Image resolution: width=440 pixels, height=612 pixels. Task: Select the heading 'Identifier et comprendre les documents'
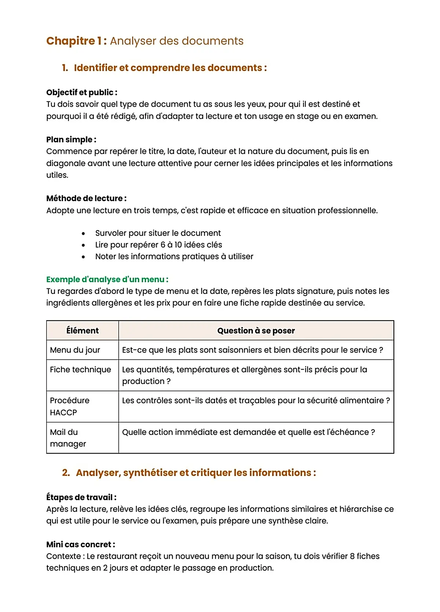pyautogui.click(x=170, y=68)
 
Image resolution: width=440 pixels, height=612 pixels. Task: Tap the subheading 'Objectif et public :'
pyautogui.click(x=81, y=92)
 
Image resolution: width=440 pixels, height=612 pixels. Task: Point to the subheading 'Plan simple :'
pyautogui.click(x=71, y=140)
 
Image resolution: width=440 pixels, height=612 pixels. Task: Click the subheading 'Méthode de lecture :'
pyautogui.click(x=86, y=198)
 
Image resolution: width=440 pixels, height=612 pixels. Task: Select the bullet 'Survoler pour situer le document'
pyautogui.click(x=158, y=233)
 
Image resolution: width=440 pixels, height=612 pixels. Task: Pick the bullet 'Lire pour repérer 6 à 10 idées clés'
pyautogui.click(x=158, y=245)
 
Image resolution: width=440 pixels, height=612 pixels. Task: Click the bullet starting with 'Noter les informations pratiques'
pyautogui.click(x=174, y=257)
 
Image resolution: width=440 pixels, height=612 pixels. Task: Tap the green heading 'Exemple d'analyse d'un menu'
pyautogui.click(x=107, y=279)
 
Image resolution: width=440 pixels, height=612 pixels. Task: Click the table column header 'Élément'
pyautogui.click(x=82, y=331)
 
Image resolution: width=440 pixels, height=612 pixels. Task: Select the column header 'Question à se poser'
pyautogui.click(x=256, y=331)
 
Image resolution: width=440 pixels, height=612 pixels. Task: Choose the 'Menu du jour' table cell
pyautogui.click(x=75, y=350)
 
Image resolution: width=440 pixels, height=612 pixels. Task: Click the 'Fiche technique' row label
pyautogui.click(x=80, y=369)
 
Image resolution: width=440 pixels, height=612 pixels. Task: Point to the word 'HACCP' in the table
pyautogui.click(x=63, y=413)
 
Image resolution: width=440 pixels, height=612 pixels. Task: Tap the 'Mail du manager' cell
pyautogui.click(x=68, y=438)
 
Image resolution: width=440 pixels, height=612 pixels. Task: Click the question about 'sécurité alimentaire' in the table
pyautogui.click(x=256, y=401)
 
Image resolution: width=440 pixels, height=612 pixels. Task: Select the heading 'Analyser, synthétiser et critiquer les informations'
pyautogui.click(x=195, y=473)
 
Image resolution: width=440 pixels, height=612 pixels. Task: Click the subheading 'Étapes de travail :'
pyautogui.click(x=81, y=497)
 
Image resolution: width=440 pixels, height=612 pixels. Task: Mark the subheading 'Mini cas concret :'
pyautogui.click(x=80, y=544)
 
